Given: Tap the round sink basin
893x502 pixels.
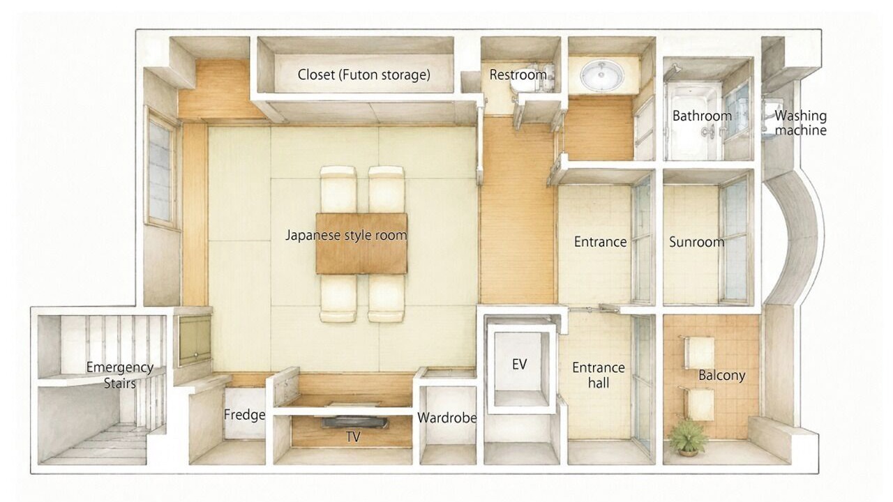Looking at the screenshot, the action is [x=602, y=75].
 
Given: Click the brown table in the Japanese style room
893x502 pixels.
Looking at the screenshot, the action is [x=361, y=243].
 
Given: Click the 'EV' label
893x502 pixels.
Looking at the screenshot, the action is [x=519, y=364].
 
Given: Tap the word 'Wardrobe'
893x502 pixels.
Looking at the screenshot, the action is [x=447, y=418].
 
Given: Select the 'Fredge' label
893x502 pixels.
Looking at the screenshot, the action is [x=244, y=415].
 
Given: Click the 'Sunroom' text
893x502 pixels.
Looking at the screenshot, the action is [x=696, y=242].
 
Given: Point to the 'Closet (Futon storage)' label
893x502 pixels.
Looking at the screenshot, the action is [x=364, y=75].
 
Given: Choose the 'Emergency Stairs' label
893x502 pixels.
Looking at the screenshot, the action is [x=120, y=375].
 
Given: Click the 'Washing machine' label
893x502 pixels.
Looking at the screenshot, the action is [x=800, y=123].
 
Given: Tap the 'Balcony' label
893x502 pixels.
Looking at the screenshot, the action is [x=722, y=375].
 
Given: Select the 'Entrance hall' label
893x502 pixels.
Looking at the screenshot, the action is [x=599, y=375].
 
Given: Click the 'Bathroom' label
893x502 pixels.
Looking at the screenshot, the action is [x=702, y=116].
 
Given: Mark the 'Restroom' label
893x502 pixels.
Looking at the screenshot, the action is [x=518, y=75].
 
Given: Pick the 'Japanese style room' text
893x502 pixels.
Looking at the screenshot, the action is [x=346, y=235].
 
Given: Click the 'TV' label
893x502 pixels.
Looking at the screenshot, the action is [x=353, y=437].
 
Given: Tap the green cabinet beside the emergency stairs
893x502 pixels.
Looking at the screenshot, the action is [x=195, y=340].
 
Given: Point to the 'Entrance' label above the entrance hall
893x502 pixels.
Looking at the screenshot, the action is [x=600, y=242].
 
